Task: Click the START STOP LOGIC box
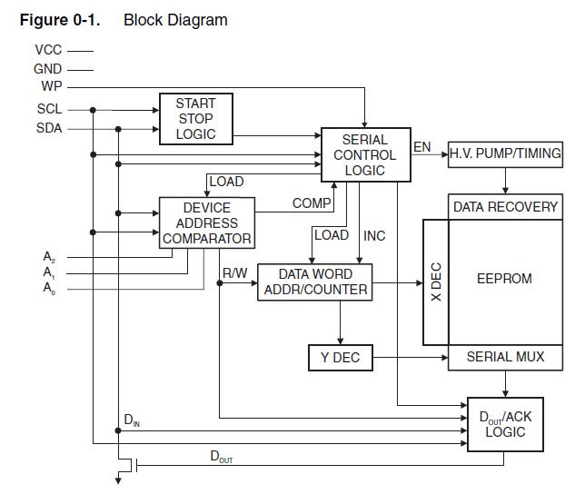[x=195, y=119]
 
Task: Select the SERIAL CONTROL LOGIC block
[x=364, y=154]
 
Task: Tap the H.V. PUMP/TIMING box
[x=505, y=153]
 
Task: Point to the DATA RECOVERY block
[x=505, y=206]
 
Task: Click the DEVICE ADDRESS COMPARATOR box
[x=206, y=223]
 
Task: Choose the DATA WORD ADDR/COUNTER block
[x=314, y=282]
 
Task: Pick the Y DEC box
[x=340, y=358]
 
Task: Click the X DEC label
[x=435, y=282]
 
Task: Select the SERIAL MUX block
[x=505, y=357]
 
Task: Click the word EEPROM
[x=504, y=279]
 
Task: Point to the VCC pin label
[x=49, y=50]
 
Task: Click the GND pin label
[x=48, y=68]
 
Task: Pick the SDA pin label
[x=49, y=128]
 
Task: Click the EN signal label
[x=422, y=146]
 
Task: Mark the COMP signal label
[x=312, y=203]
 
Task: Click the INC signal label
[x=374, y=235]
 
